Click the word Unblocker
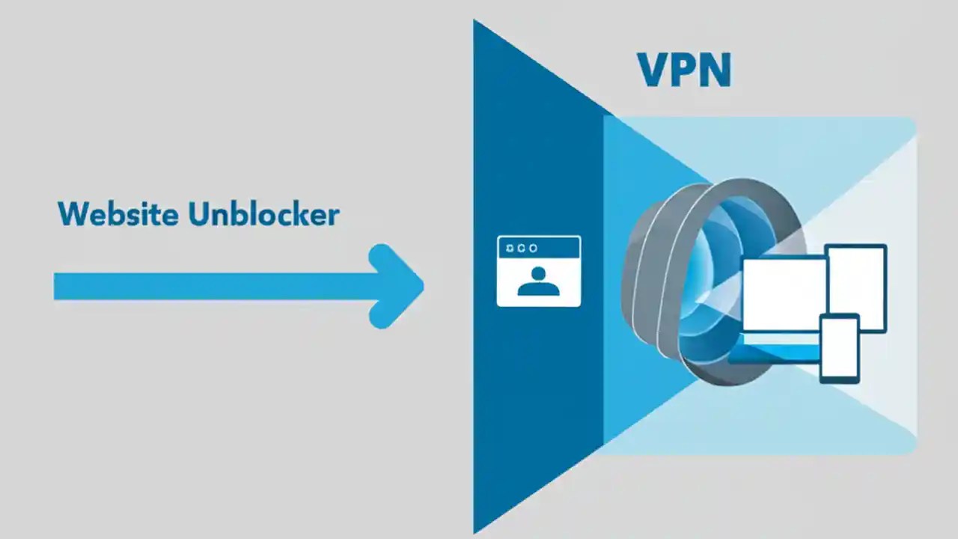(263, 214)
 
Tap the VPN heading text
(684, 70)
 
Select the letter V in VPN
(653, 70)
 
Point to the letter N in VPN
(715, 70)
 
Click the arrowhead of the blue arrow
(400, 286)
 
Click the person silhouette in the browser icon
(538, 281)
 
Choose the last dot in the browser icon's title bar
(532, 248)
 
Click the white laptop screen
(782, 294)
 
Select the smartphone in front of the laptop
(839, 348)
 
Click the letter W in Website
(72, 214)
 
